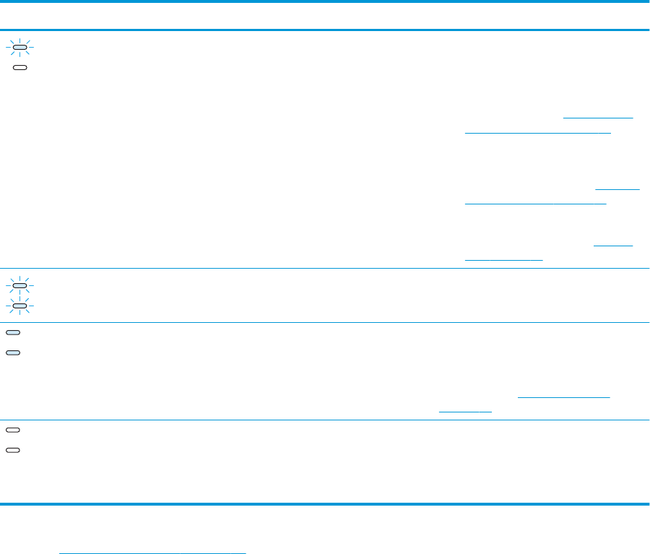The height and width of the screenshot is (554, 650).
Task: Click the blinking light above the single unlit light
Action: point(20,49)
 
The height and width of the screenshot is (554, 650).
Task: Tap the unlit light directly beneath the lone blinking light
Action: point(20,67)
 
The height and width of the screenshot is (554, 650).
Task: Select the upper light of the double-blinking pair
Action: point(20,286)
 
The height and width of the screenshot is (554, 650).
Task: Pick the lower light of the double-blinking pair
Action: point(20,306)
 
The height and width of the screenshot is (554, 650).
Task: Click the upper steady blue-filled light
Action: point(14,333)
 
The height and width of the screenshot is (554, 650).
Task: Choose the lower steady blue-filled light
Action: point(14,352)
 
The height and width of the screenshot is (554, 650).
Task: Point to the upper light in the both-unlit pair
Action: point(14,430)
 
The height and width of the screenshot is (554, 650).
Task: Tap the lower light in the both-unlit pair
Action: point(14,449)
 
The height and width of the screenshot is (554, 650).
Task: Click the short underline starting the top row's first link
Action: point(598,116)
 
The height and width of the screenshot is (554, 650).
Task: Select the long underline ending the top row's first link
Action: point(538,133)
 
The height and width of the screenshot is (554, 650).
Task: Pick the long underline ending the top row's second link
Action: point(535,204)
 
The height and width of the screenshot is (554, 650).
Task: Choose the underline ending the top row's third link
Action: point(503,258)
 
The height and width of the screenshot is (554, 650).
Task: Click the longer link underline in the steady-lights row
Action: point(564,396)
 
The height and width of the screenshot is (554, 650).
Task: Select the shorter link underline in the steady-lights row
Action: point(465,411)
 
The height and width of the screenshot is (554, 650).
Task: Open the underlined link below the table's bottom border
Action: point(152,553)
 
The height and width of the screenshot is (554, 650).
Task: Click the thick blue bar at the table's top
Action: point(325,30)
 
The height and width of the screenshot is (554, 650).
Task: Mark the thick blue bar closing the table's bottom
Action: point(325,503)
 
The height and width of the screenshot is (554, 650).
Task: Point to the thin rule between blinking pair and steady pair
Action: point(325,322)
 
